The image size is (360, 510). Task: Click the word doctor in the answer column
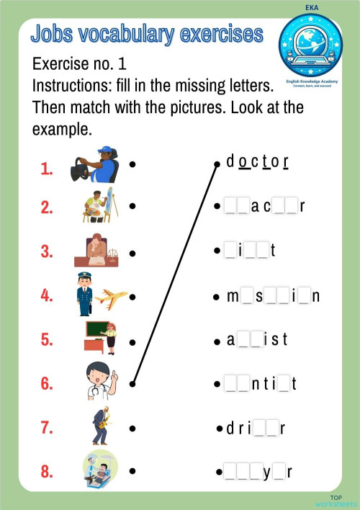coord(257,162)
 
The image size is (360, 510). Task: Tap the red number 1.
coord(47,169)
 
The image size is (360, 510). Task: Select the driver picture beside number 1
coord(95,165)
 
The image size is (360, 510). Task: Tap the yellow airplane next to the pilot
coord(111,295)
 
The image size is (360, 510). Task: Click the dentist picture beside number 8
coord(99,470)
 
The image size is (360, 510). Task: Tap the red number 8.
coord(47,473)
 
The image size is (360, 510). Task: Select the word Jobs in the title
coord(54,33)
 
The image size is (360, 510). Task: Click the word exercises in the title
coord(220,33)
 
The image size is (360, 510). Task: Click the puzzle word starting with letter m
coord(274,296)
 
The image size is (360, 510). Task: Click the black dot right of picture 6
coord(133,383)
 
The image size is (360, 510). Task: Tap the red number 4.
coord(47,295)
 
